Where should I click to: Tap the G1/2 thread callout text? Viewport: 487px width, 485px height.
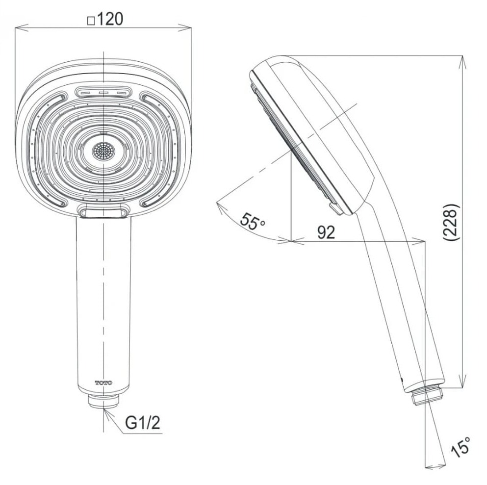143,422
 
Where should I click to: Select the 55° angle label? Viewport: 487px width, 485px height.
253,222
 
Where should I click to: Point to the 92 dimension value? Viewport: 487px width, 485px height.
326,232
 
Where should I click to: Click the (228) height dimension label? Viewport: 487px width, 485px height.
450,223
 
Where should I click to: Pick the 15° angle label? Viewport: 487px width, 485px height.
462,448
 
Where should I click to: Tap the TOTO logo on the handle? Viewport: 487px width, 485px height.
104,383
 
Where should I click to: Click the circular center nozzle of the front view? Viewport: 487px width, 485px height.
103,152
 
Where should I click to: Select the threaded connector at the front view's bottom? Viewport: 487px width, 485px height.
103,401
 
